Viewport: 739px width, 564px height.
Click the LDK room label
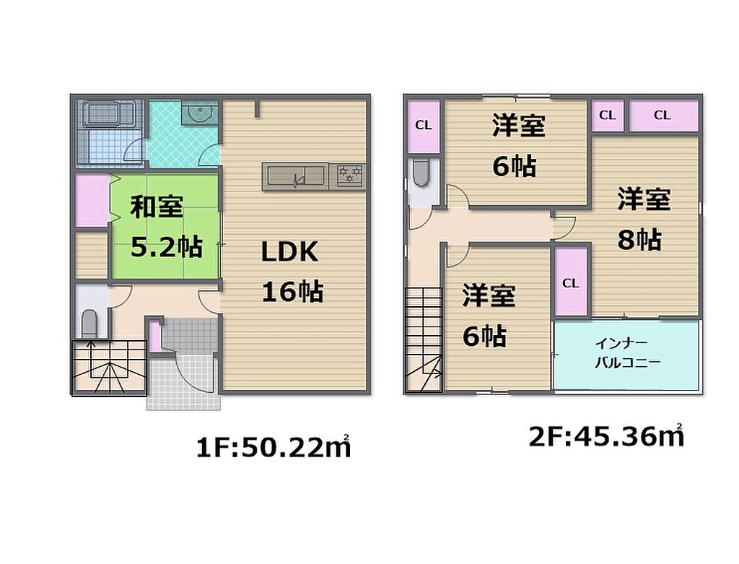(x=290, y=252)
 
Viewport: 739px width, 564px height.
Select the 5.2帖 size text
(x=167, y=247)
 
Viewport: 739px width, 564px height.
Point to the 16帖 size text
(x=293, y=292)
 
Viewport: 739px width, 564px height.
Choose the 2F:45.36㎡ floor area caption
(x=606, y=436)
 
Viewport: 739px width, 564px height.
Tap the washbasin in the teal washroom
(x=199, y=113)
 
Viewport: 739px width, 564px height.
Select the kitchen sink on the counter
(x=295, y=176)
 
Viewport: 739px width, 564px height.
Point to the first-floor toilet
(x=89, y=323)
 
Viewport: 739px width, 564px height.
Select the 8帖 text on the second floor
(x=639, y=240)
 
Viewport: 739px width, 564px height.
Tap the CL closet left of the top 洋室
(x=423, y=126)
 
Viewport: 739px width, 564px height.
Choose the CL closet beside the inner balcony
(x=571, y=282)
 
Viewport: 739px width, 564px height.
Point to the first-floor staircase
(x=110, y=366)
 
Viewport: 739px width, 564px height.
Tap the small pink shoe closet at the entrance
(x=155, y=337)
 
